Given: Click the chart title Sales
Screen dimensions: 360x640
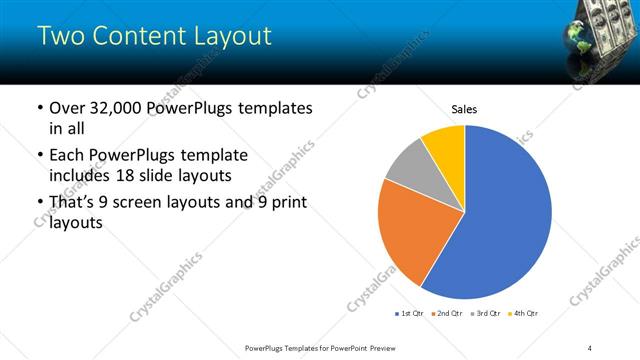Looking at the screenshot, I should point(464,108).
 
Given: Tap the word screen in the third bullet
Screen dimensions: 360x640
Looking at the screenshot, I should point(150,203).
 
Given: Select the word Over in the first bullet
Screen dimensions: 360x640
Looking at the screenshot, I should point(68,108).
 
